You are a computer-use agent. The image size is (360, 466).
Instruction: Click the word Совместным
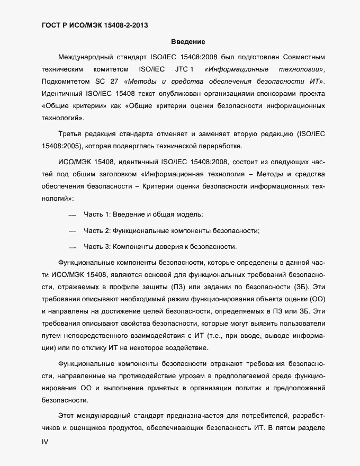[312, 57]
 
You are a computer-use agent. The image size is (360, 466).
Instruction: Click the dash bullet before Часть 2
[73, 231]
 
